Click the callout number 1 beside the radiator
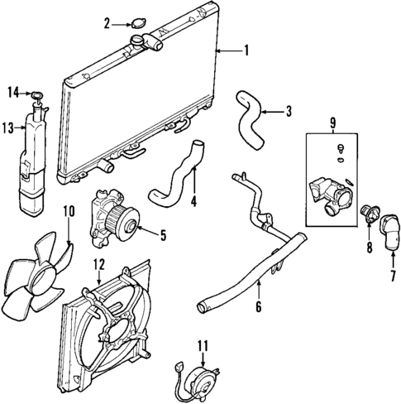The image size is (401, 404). coord(245,51)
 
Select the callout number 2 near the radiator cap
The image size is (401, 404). coord(107,23)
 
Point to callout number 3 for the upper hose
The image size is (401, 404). coord(288,111)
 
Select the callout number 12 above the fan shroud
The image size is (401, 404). coord(98,265)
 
